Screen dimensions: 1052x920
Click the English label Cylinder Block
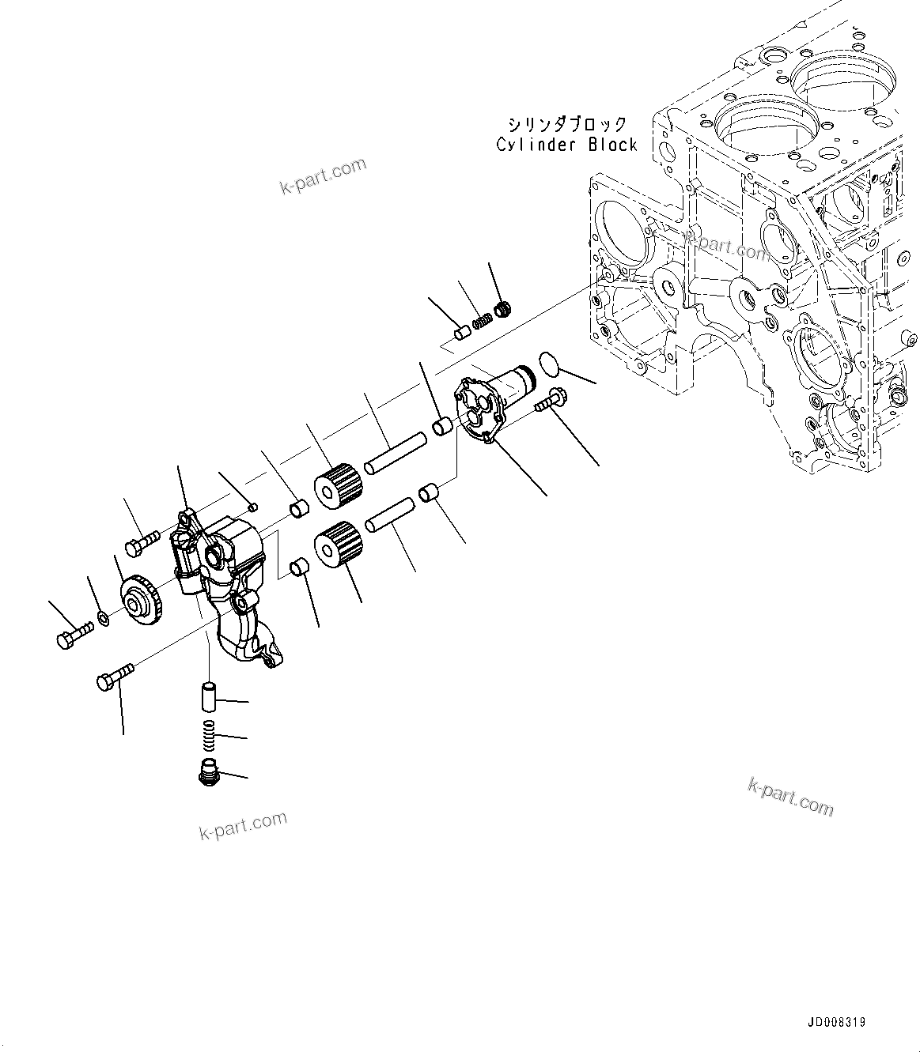(x=566, y=145)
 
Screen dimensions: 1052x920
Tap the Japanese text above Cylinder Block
(x=568, y=125)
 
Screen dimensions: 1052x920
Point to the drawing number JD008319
(x=837, y=1022)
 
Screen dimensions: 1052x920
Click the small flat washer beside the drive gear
(x=104, y=616)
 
